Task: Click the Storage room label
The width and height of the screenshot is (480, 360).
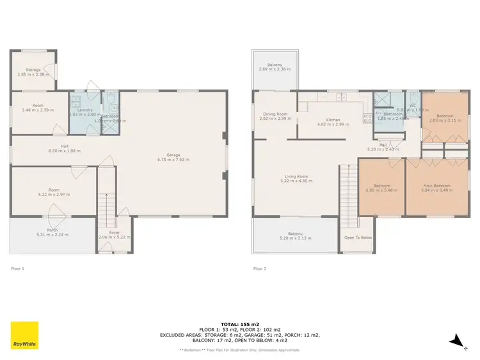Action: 33,69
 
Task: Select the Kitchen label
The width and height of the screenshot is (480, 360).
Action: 333,120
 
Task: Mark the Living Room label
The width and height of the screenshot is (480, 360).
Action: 296,177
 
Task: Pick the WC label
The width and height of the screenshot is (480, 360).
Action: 412,105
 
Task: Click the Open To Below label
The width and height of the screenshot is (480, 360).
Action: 358,237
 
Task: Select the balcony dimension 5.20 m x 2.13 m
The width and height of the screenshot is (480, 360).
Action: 295,238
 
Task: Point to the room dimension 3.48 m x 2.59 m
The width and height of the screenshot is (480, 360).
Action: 38,110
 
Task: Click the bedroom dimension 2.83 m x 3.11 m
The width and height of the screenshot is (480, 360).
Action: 442,120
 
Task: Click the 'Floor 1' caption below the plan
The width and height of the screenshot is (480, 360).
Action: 18,268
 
